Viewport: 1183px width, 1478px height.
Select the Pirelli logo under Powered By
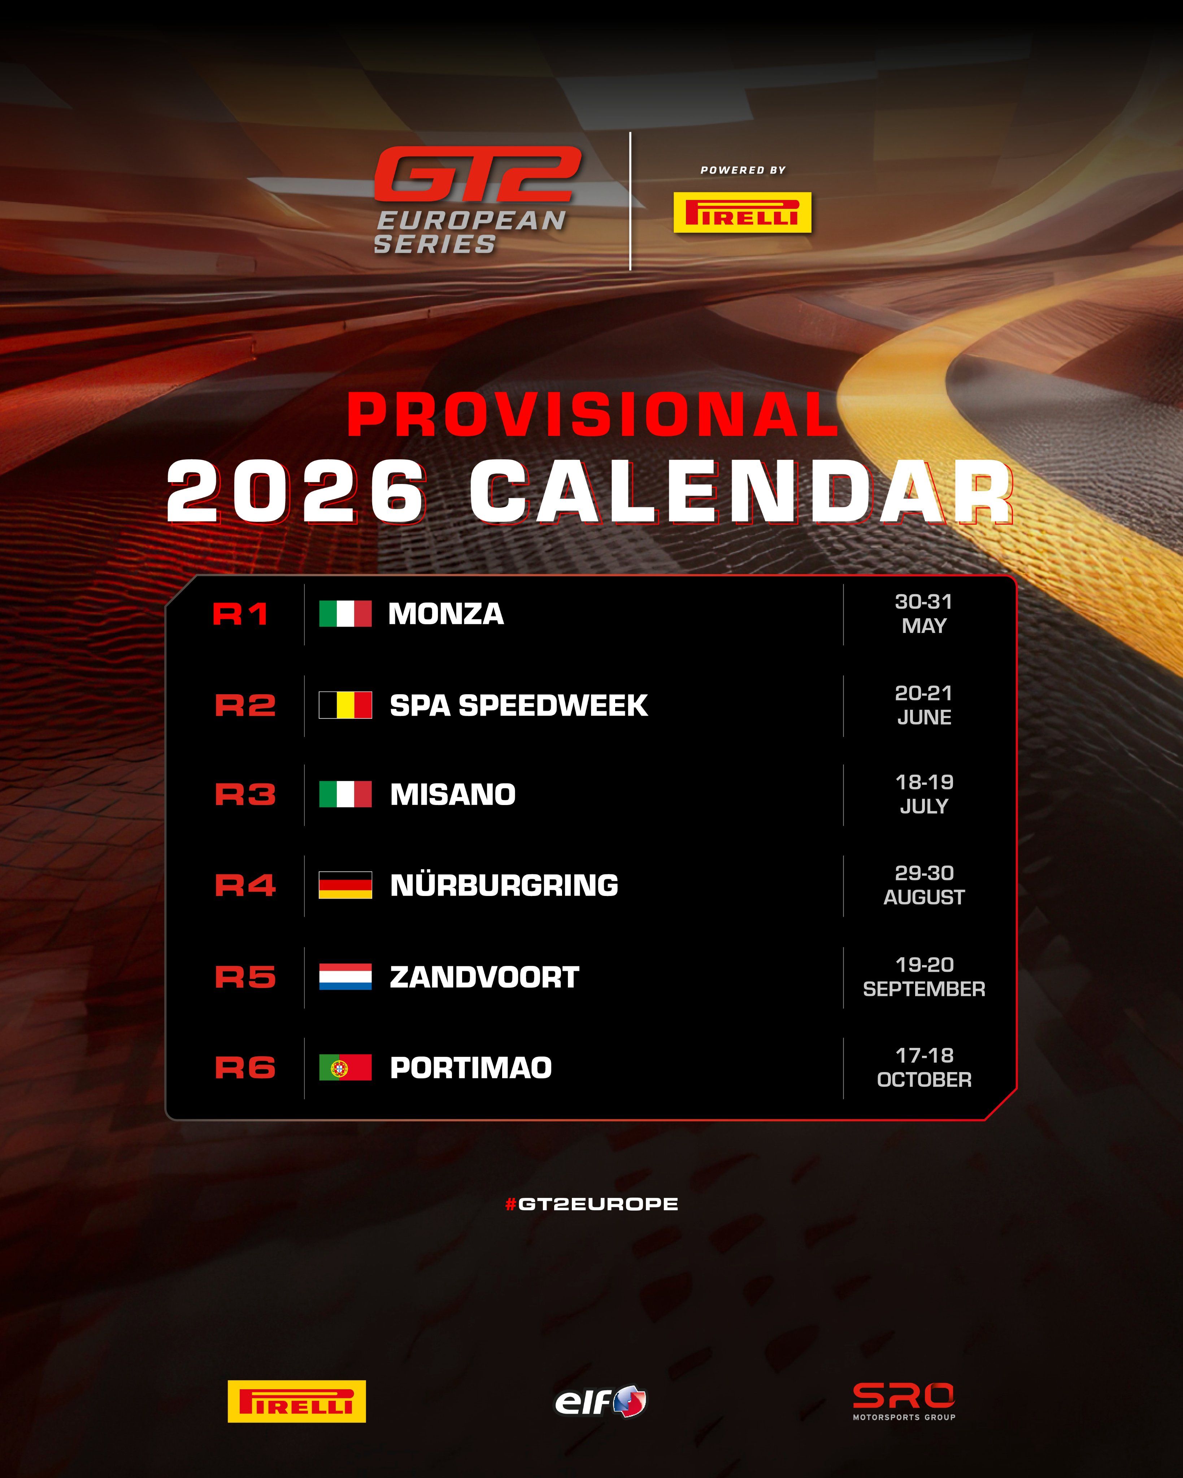pyautogui.click(x=742, y=213)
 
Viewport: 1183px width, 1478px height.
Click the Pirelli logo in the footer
pyautogui.click(x=296, y=1401)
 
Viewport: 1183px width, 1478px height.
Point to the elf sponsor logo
pyautogui.click(x=600, y=1400)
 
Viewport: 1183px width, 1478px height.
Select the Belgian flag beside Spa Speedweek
pyautogui.click(x=345, y=705)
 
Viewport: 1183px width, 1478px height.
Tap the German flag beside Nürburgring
pyautogui.click(x=345, y=885)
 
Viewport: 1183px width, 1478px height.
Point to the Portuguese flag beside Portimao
pyautogui.click(x=345, y=1067)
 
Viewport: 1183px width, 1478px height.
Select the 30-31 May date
pyautogui.click(x=924, y=613)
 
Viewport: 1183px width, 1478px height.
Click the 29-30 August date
pyautogui.click(x=924, y=885)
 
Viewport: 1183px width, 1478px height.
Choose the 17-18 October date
pyautogui.click(x=924, y=1067)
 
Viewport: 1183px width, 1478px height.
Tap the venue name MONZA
pyautogui.click(x=446, y=613)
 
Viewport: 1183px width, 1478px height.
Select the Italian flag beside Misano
pyautogui.click(x=345, y=794)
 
